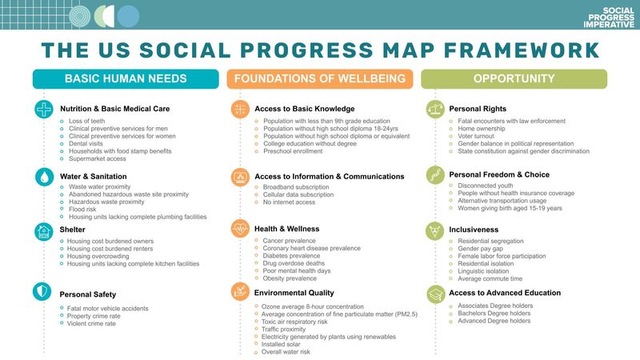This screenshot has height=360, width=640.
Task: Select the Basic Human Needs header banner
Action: (x=126, y=78)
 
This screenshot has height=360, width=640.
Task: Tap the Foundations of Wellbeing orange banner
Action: (x=320, y=78)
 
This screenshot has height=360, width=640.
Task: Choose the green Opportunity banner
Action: (x=514, y=78)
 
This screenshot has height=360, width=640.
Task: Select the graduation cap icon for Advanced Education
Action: (x=435, y=293)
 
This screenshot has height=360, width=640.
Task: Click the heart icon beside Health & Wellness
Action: (x=240, y=229)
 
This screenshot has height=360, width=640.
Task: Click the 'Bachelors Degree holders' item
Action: (x=494, y=313)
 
